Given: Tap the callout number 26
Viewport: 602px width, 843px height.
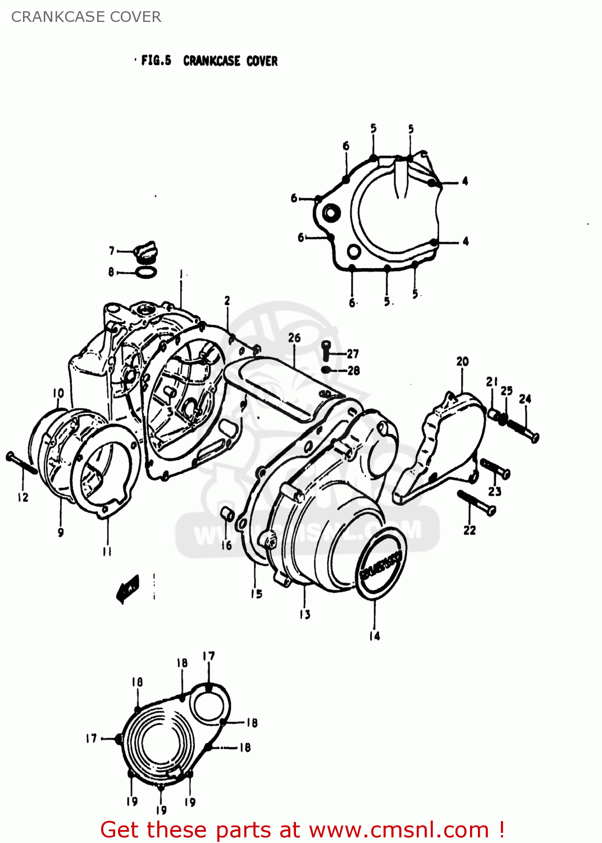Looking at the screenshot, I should pyautogui.click(x=294, y=338).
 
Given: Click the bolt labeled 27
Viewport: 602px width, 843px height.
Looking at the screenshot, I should pyautogui.click(x=326, y=351).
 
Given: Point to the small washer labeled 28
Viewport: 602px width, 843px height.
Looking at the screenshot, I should pyautogui.click(x=326, y=370).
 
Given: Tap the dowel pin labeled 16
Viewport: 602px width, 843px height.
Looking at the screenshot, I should pyautogui.click(x=227, y=514).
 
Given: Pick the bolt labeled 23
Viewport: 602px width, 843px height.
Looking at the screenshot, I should pyautogui.click(x=495, y=468).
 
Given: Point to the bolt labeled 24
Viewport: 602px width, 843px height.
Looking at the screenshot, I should pyautogui.click(x=523, y=429).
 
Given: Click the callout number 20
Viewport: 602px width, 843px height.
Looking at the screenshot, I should pyautogui.click(x=462, y=361).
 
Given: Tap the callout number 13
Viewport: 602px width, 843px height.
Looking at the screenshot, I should pyautogui.click(x=304, y=614).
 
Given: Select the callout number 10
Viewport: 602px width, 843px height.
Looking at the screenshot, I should pyautogui.click(x=58, y=393).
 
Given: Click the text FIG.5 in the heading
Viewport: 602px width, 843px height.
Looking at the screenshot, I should pyautogui.click(x=156, y=60).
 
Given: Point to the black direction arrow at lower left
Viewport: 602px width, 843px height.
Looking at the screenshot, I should pyautogui.click(x=127, y=588).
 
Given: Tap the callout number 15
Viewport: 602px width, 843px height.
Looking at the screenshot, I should pyautogui.click(x=257, y=593).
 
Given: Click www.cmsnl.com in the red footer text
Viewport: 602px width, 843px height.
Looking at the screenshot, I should pyautogui.click(x=399, y=830).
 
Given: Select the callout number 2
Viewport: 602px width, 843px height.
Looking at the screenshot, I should pyautogui.click(x=227, y=301).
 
